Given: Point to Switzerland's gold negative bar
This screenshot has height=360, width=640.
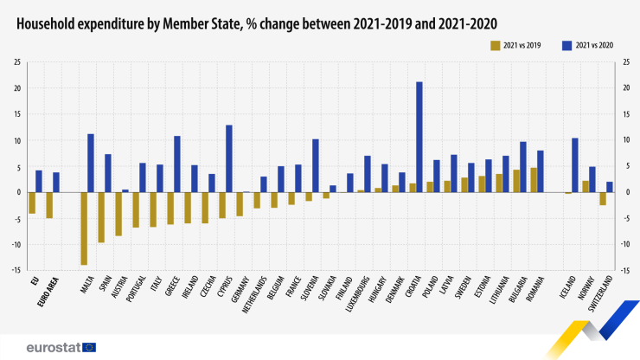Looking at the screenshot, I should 603,198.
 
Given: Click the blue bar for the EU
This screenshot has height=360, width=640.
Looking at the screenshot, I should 39,181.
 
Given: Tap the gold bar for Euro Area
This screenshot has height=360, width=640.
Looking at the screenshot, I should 49,205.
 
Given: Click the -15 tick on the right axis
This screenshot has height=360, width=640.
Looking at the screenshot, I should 624,270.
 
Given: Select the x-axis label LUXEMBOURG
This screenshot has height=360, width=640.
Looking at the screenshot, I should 358,294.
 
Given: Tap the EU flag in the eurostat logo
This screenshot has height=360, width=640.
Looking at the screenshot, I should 88,347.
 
